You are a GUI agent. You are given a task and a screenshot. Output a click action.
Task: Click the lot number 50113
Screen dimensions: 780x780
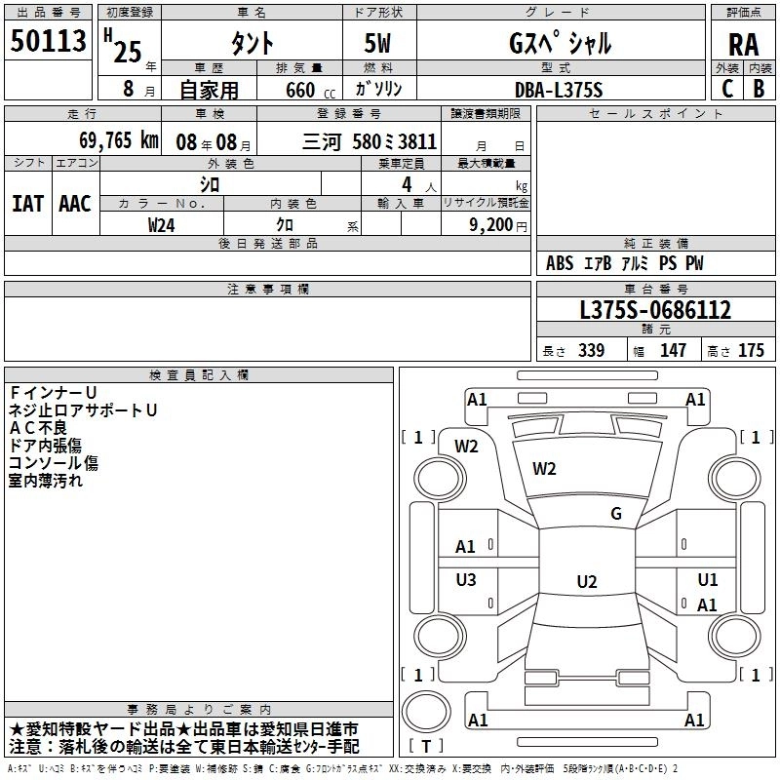click(x=48, y=43)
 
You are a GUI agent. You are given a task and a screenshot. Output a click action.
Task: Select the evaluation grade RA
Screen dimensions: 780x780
click(x=742, y=45)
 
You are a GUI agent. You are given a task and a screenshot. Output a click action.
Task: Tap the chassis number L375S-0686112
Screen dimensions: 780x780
click(x=654, y=311)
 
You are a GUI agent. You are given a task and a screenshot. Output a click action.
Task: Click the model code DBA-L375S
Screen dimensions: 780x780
click(x=559, y=89)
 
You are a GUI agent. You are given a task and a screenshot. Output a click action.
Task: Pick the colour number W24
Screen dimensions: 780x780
click(x=162, y=223)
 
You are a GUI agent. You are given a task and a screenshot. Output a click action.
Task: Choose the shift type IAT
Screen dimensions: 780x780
click(x=27, y=203)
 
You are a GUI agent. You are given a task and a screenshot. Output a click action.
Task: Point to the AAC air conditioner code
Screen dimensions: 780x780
click(x=74, y=203)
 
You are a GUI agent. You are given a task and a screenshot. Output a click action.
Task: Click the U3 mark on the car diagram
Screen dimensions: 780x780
click(x=466, y=580)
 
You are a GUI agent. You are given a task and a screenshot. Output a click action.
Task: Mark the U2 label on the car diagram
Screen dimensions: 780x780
click(x=586, y=582)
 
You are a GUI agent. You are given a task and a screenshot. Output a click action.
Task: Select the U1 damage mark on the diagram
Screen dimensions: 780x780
click(x=708, y=580)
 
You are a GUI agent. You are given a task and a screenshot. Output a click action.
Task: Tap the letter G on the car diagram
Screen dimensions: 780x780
click(x=615, y=514)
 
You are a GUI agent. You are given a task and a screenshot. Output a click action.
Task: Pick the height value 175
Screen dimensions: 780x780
click(x=751, y=351)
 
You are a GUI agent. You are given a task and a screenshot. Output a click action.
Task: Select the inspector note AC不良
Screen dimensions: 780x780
click(x=39, y=427)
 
